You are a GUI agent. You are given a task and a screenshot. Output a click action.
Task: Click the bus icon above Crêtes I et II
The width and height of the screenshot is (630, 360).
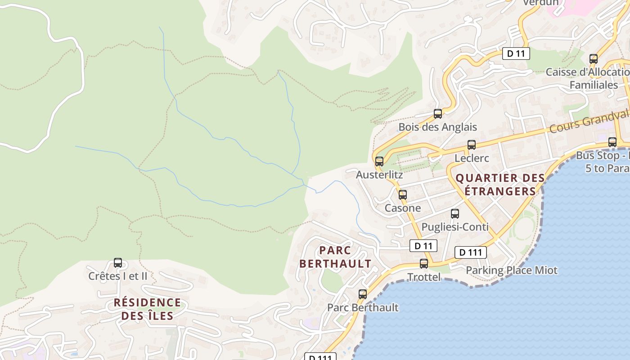(118, 263)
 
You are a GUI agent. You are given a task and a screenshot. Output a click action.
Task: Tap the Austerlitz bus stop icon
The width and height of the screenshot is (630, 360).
(379, 161)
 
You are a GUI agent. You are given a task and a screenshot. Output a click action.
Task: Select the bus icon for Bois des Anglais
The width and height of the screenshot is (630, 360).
(438, 114)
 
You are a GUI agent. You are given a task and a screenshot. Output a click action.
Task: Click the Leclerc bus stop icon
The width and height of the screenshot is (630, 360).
(471, 145)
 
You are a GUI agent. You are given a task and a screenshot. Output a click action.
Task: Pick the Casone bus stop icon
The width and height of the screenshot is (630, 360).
(403, 195)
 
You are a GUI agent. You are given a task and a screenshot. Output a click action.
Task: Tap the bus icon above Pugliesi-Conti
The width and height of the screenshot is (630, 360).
(455, 214)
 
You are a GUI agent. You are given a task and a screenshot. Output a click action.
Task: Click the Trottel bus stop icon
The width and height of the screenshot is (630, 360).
(424, 264)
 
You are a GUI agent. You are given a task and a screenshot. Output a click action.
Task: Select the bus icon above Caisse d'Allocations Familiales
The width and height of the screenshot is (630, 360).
(594, 59)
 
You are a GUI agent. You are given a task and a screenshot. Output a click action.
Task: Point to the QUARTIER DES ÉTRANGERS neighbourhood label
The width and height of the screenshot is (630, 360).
(500, 184)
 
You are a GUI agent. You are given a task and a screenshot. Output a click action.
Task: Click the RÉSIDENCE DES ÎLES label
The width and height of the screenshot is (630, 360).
(148, 309)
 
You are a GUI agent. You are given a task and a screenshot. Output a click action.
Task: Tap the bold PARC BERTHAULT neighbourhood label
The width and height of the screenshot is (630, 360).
(335, 257)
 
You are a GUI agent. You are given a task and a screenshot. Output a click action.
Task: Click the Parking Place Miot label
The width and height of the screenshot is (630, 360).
(512, 270)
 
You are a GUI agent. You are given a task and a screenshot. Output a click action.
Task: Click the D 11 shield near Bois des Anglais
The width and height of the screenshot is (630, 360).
(516, 54)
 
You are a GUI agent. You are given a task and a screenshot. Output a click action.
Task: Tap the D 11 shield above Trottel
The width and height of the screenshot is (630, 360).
(423, 246)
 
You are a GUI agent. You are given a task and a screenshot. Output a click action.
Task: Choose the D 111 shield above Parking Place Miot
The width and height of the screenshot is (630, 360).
(471, 252)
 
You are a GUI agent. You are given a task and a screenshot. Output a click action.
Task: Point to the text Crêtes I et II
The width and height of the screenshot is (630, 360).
(118, 276)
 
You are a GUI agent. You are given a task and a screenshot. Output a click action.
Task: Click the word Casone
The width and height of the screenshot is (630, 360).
(403, 208)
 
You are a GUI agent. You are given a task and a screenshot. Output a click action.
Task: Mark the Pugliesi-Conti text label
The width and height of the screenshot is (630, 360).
(455, 227)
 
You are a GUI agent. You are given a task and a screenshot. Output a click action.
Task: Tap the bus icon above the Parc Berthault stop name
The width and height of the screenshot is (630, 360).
(363, 294)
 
